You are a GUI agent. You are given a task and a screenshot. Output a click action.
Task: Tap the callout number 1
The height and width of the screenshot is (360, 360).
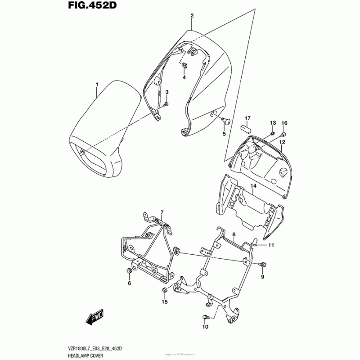tap(96, 84)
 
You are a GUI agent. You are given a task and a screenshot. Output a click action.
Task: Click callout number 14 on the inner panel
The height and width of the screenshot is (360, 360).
tap(253, 186)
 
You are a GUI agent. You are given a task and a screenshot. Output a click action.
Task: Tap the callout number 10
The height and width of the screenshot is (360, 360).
tap(205, 327)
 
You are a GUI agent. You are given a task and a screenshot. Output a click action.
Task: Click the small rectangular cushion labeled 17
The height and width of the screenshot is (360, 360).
tap(247, 126)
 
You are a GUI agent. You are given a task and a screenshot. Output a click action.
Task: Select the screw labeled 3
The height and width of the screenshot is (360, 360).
tap(166, 104)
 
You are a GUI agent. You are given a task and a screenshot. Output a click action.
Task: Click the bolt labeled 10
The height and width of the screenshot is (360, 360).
tap(206, 318)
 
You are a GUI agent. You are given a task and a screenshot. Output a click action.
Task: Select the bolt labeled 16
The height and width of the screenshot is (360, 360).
tap(283, 134)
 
